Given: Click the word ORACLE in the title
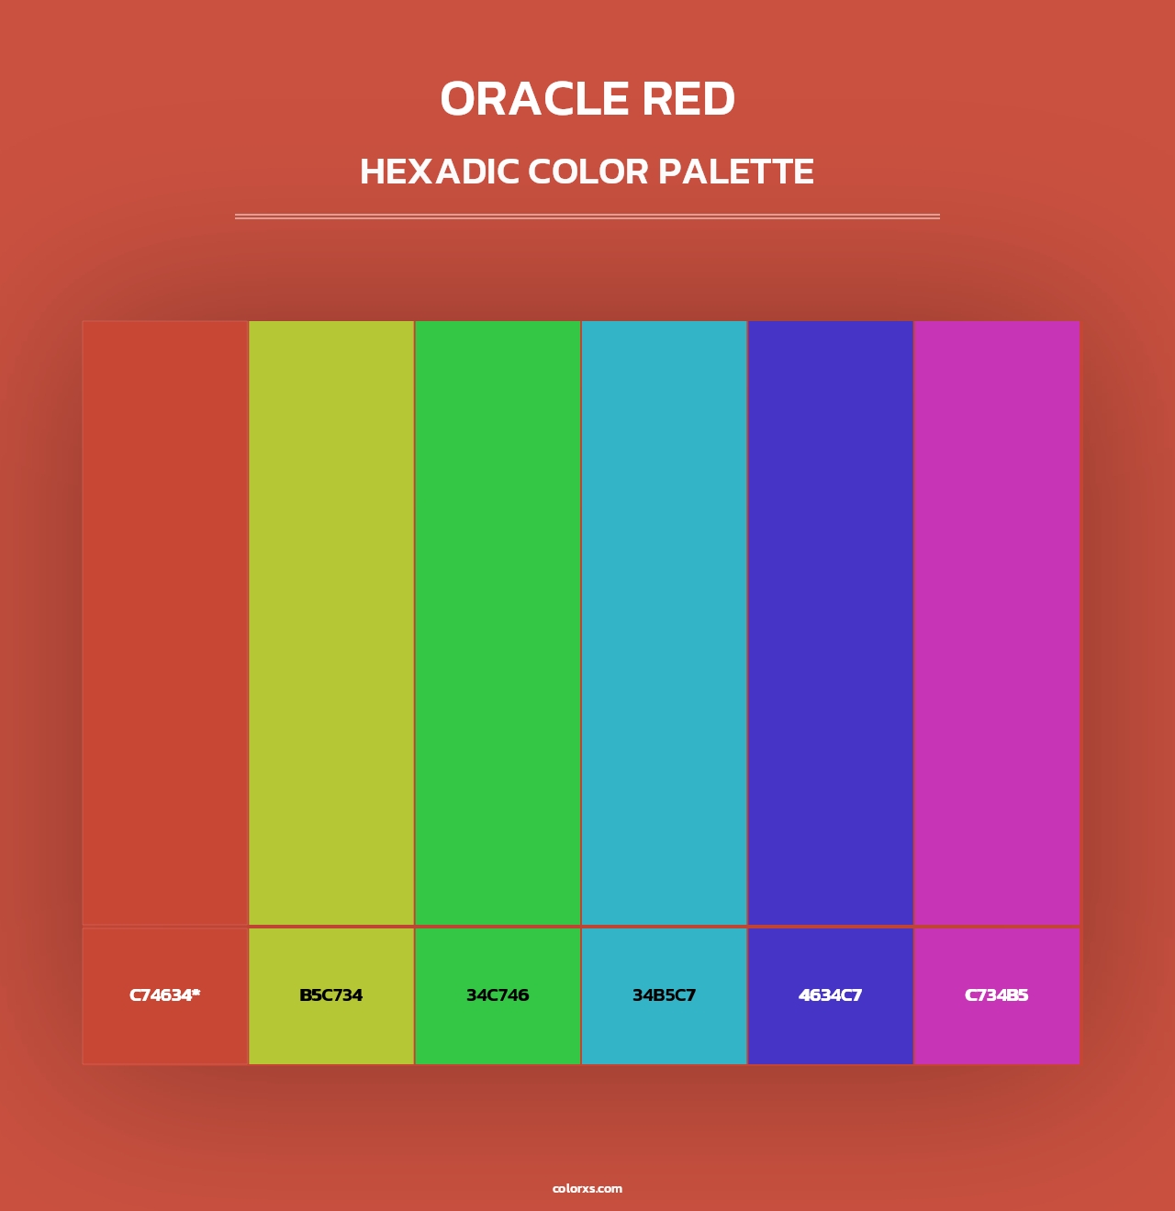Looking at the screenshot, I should [534, 99].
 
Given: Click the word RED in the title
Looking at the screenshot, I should [688, 99].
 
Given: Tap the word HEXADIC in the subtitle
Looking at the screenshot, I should [439, 172].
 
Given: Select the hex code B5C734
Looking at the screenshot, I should [330, 995].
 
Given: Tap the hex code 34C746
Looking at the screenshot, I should [498, 995].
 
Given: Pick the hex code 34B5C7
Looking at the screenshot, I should [664, 995].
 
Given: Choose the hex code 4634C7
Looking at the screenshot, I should [830, 995].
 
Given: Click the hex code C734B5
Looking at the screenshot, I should [996, 995].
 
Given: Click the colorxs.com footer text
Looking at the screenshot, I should [587, 1188].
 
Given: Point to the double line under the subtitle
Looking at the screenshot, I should [587, 217].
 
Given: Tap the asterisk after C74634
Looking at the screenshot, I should [196, 993].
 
